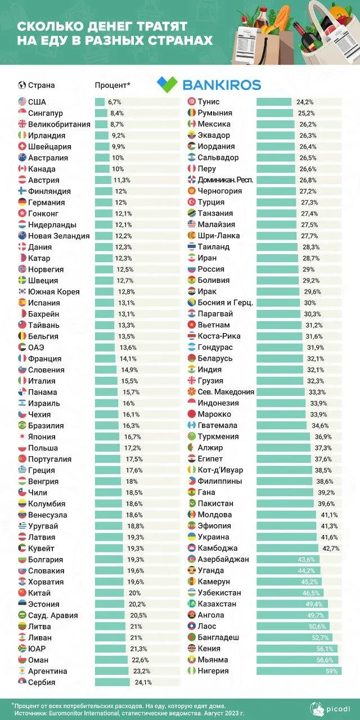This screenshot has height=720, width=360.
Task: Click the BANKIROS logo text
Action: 222,85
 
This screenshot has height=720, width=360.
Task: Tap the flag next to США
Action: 22,102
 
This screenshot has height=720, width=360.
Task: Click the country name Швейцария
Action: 52,147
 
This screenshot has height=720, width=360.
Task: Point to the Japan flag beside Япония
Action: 22,436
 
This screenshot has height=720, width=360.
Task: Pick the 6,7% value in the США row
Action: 115,102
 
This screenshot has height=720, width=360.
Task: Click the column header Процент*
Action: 112,85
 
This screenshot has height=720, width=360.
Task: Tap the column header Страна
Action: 42,85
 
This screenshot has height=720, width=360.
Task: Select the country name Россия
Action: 211,269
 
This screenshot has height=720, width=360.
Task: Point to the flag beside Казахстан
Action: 191,604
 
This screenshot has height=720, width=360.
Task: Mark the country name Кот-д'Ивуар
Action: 224,470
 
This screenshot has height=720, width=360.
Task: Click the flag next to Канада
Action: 22,169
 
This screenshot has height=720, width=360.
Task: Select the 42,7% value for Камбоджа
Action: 331,548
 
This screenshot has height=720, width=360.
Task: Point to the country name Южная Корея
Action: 53,292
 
